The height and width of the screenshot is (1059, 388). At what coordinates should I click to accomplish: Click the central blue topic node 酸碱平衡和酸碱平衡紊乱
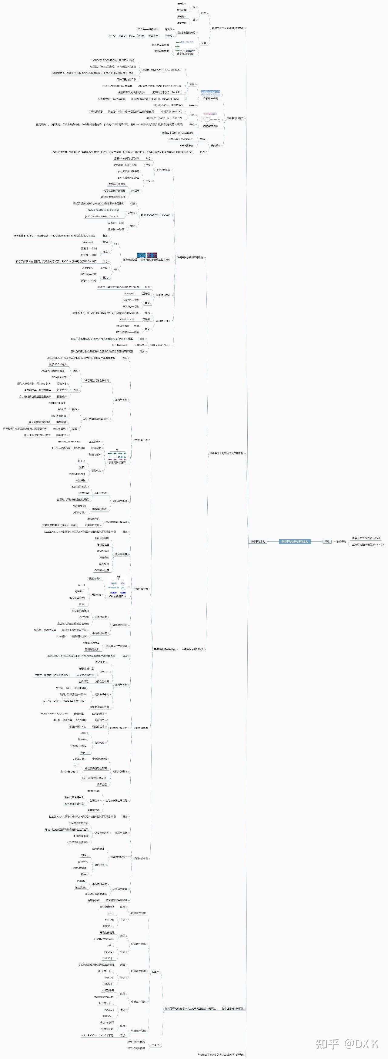click(295, 541)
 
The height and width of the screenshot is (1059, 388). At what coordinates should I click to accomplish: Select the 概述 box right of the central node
click(327, 541)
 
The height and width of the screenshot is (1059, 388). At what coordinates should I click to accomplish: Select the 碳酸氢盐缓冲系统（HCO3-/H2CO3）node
click(161, 70)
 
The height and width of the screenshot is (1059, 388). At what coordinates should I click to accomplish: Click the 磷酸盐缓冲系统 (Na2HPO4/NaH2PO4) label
click(159, 86)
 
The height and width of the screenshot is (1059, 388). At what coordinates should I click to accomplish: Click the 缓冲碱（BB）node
click(162, 295)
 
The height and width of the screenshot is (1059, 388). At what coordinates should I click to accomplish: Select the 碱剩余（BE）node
click(162, 321)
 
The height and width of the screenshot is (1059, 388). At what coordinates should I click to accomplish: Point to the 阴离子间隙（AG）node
click(160, 345)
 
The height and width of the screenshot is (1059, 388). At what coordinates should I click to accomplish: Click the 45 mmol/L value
click(129, 293)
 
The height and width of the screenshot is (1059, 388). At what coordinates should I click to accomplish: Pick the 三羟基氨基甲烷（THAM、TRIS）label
click(60, 525)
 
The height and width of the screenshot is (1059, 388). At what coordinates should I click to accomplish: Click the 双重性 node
click(155, 972)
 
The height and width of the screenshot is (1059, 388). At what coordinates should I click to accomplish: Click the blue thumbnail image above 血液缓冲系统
click(210, 93)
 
